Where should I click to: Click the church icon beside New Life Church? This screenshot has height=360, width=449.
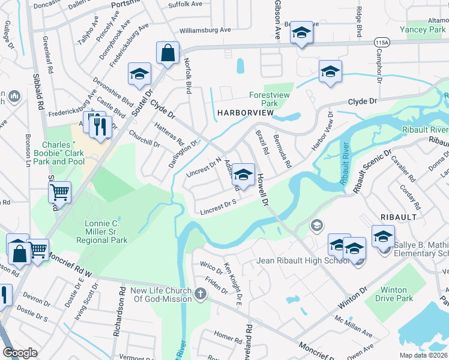200,294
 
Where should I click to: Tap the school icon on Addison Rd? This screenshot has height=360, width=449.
243,175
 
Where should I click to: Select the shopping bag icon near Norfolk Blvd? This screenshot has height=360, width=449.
168,53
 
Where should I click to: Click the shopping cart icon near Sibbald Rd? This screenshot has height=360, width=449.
59,193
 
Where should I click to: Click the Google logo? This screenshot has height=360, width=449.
20,353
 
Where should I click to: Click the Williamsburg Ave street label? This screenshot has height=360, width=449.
205,29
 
